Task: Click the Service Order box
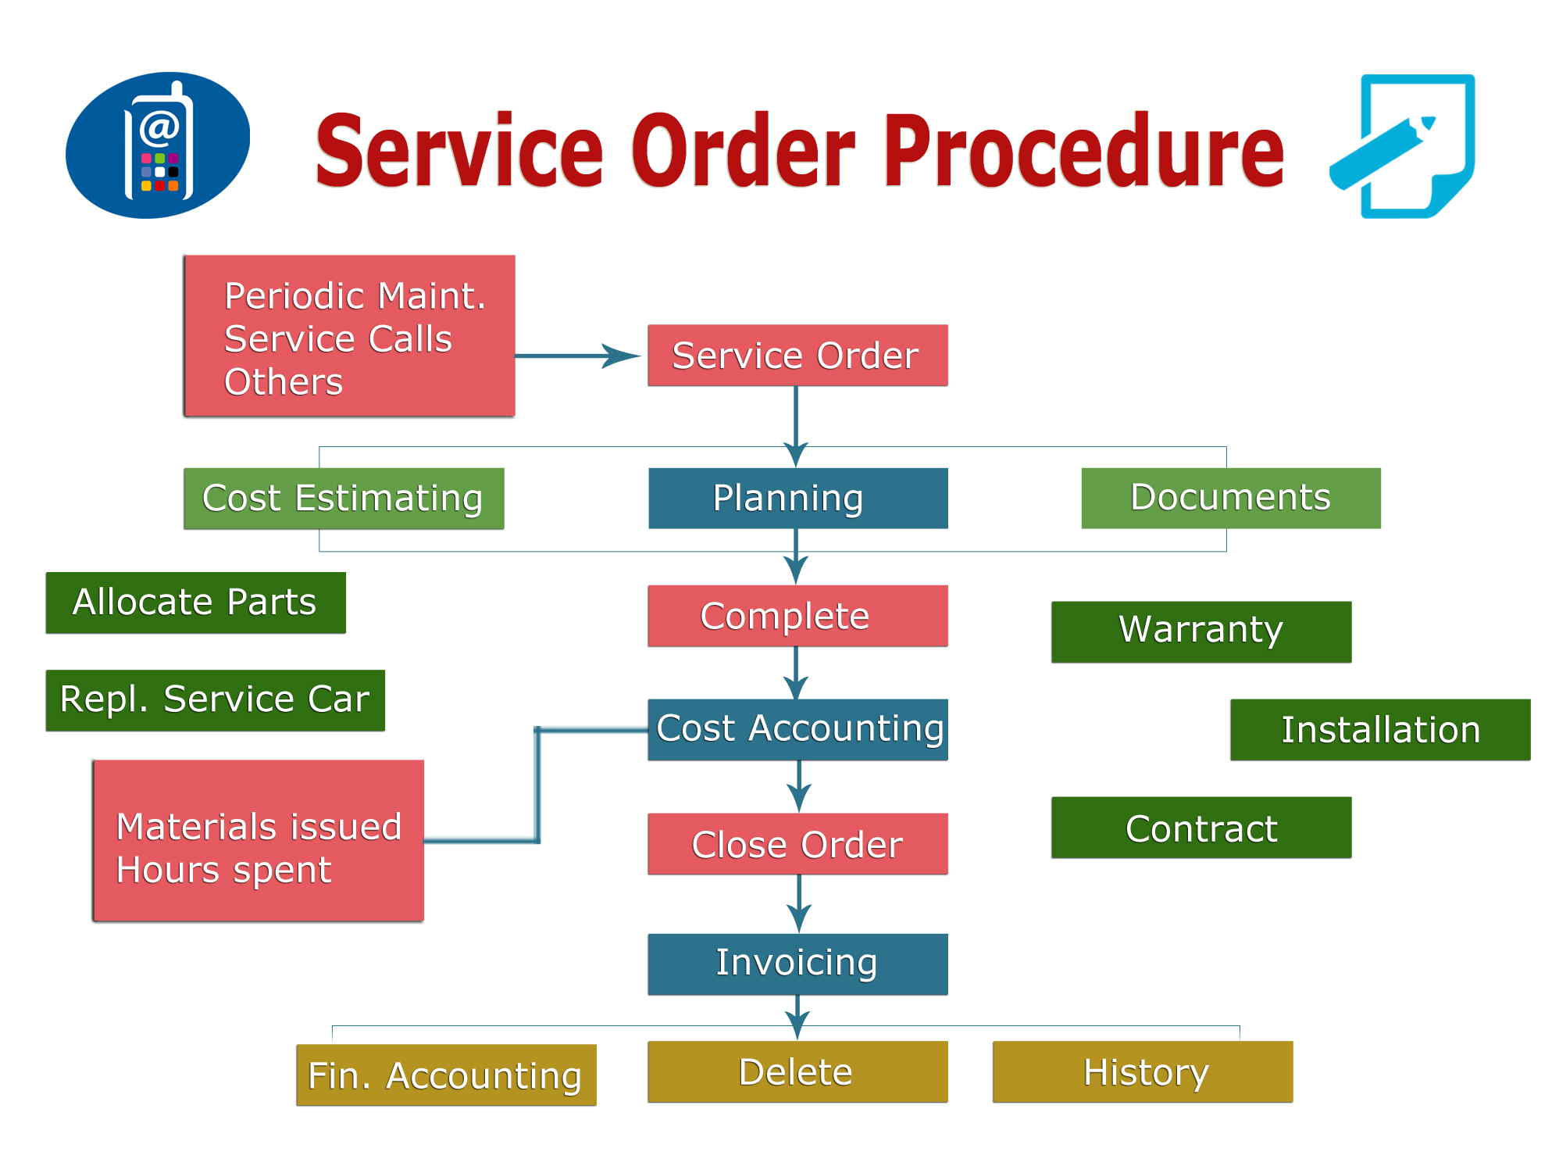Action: click(x=797, y=356)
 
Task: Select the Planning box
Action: click(x=797, y=499)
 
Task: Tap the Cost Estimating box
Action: click(x=344, y=499)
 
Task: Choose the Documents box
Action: click(x=1231, y=499)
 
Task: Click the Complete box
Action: click(x=797, y=616)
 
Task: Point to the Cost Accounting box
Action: click(x=797, y=730)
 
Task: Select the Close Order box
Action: click(x=797, y=844)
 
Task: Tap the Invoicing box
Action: click(x=797, y=964)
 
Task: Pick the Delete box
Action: click(x=797, y=1071)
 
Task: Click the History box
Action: click(x=1143, y=1071)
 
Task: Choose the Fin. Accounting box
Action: click(x=446, y=1075)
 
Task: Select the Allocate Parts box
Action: click(x=195, y=603)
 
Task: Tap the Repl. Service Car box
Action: click(x=215, y=700)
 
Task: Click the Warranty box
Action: click(x=1201, y=632)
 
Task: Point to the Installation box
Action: click(x=1380, y=730)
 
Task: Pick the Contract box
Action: click(x=1201, y=828)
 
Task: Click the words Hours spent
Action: click(x=223, y=871)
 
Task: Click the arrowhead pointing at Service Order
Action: click(x=623, y=356)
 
